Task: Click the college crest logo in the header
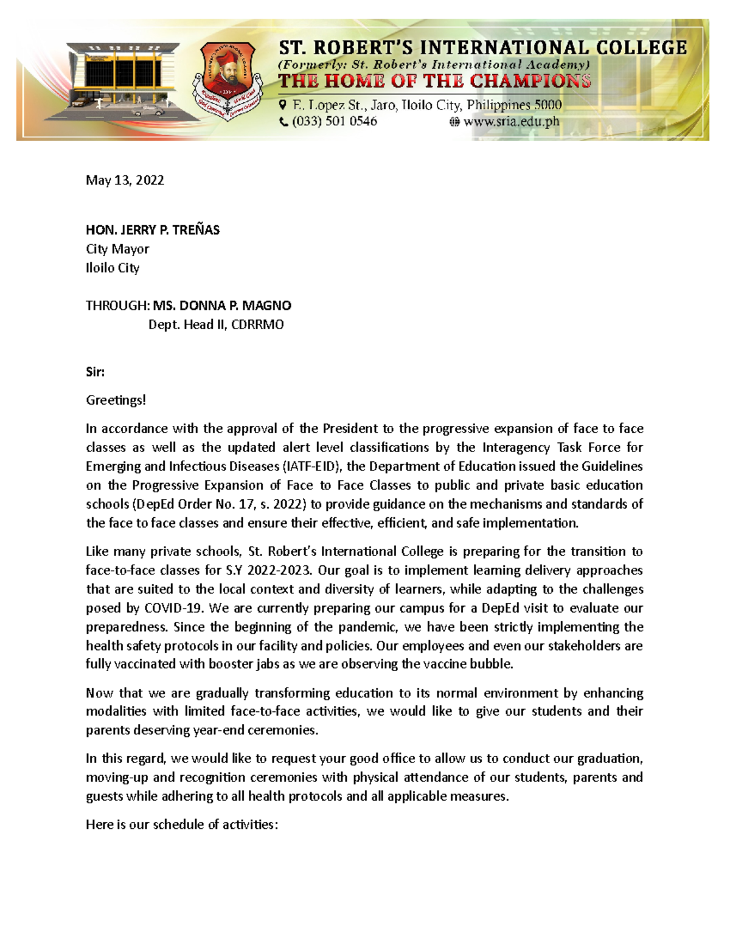click(227, 81)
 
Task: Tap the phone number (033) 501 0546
click(334, 122)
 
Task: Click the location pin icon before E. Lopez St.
click(283, 105)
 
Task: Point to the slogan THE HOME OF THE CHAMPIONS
click(434, 82)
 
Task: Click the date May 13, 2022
click(125, 180)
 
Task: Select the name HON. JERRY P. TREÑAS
click(153, 230)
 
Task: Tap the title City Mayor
click(117, 249)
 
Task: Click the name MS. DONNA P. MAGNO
click(222, 305)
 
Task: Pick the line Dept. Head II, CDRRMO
click(216, 324)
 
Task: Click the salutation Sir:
click(96, 372)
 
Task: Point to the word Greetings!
click(116, 400)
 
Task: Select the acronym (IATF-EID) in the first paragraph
click(312, 466)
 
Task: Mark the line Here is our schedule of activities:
click(182, 825)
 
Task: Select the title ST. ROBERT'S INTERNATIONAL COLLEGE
click(483, 48)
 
